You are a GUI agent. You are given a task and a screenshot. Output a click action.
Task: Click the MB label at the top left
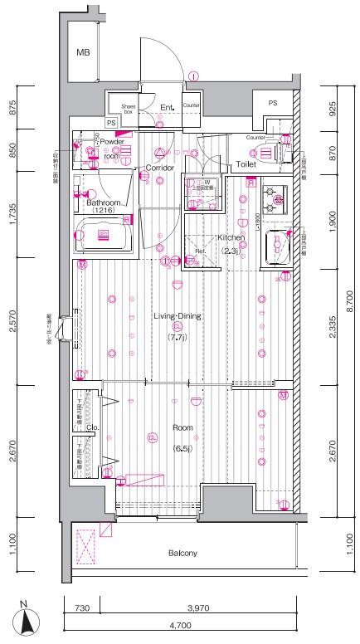click(83, 53)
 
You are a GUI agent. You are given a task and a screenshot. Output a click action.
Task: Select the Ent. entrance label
click(166, 106)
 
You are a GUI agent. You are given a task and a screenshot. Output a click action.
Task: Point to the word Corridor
click(159, 168)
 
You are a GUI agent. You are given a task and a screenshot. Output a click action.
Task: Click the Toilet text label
click(246, 164)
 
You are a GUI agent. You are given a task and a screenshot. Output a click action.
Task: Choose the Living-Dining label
click(178, 315)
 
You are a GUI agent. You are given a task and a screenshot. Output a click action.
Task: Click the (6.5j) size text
click(182, 448)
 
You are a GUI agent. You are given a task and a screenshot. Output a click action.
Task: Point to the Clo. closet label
click(91, 428)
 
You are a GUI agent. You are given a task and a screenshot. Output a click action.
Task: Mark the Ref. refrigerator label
click(200, 251)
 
